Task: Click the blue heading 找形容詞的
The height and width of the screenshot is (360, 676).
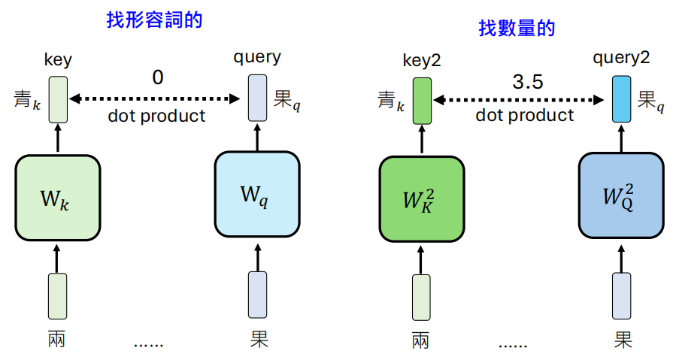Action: point(154,20)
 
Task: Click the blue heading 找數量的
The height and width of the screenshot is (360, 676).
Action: point(517,29)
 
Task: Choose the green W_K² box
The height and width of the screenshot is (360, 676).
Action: point(420,199)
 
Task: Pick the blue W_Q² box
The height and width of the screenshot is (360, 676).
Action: point(621,198)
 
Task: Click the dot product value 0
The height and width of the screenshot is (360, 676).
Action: point(157,77)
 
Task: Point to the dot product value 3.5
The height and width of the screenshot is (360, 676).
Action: point(527,82)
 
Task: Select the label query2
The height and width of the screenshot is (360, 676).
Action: point(621,58)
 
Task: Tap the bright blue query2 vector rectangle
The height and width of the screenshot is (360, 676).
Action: point(621,98)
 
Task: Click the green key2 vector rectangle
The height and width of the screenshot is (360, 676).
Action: point(421,100)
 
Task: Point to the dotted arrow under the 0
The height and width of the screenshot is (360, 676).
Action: point(155,98)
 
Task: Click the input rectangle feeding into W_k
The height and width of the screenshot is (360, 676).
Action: point(57,296)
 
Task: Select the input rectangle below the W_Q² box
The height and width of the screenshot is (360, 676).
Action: point(621,296)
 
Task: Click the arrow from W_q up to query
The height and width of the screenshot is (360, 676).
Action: point(258,136)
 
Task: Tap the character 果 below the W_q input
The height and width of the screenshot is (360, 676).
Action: point(259,340)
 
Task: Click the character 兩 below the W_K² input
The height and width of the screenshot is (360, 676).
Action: point(421,340)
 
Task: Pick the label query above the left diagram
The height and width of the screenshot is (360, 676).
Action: point(256,56)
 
